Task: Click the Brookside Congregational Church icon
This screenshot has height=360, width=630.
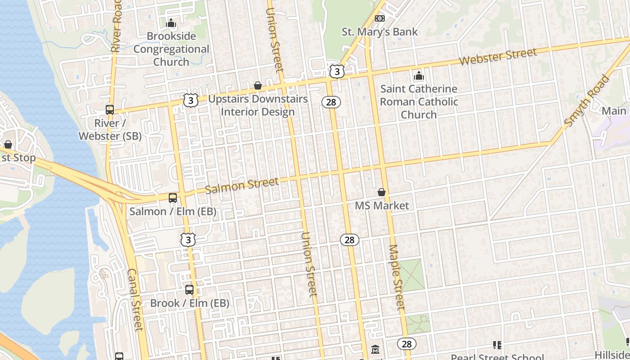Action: [171, 23]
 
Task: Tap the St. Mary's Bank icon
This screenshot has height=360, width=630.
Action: [380, 18]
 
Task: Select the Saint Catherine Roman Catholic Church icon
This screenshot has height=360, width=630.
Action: [419, 76]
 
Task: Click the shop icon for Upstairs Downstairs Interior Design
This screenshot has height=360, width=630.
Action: [258, 85]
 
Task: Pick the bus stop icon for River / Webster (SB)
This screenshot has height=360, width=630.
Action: [110, 109]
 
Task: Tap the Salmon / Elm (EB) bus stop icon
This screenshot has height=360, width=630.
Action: [173, 198]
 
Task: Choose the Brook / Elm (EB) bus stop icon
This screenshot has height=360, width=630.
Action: [189, 290]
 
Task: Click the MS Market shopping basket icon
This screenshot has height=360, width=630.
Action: [382, 192]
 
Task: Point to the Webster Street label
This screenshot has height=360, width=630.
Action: [498, 57]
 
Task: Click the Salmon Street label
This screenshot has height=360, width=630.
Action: [242, 185]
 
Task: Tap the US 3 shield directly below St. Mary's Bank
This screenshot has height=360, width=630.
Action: [337, 71]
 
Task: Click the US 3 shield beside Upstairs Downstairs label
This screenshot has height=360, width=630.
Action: [191, 100]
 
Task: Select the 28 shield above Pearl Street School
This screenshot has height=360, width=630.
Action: [406, 344]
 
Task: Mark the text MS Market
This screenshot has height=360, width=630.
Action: [382, 206]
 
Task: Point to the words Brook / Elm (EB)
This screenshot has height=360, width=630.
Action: [189, 303]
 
